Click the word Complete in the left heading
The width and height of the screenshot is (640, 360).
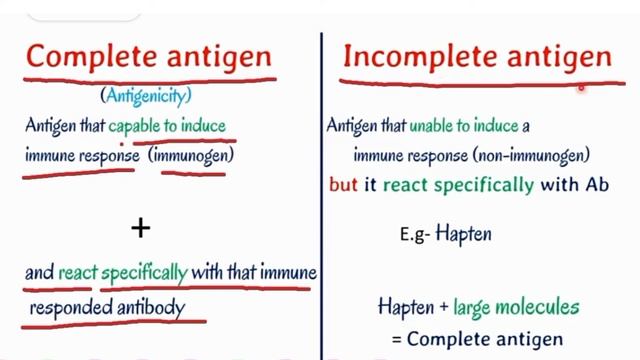(x=87, y=56)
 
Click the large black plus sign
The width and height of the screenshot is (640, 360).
(x=141, y=228)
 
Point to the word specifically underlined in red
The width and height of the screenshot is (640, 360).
(x=150, y=272)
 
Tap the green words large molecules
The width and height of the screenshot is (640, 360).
(x=516, y=307)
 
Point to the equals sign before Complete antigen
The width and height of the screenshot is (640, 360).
(x=396, y=338)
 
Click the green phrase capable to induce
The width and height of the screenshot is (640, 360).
(x=168, y=126)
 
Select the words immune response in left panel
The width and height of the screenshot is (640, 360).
(x=80, y=156)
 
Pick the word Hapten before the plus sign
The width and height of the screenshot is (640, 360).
(x=405, y=307)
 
